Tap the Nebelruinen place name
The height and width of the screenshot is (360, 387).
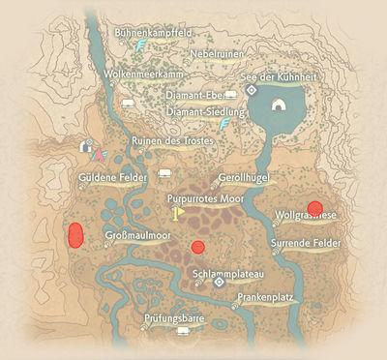(218, 54)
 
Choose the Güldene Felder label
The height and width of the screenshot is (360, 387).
(114, 179)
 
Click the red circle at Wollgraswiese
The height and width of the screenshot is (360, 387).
(314, 206)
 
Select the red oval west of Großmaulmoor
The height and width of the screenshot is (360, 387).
(74, 234)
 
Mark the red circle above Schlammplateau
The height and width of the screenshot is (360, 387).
(198, 247)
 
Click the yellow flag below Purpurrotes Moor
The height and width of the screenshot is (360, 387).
(178, 212)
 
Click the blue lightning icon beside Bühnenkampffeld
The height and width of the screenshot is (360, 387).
(141, 45)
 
